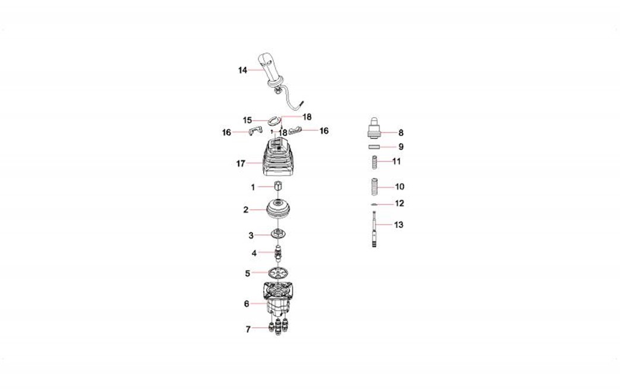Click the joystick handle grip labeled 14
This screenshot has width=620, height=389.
(x=270, y=71)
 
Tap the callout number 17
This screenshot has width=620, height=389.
(x=241, y=163)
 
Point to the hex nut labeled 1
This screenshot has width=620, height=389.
(x=278, y=186)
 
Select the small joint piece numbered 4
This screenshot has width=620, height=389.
(x=279, y=252)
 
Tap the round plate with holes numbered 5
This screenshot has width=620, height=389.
(x=277, y=273)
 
